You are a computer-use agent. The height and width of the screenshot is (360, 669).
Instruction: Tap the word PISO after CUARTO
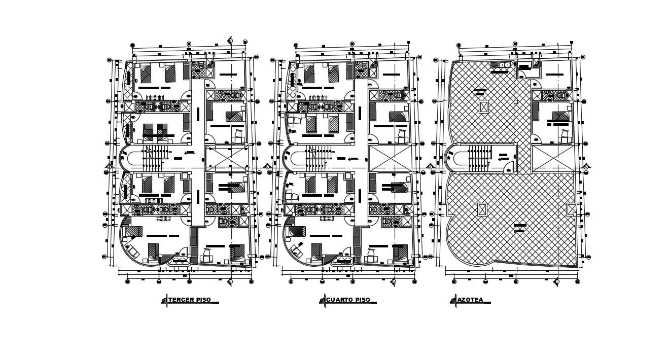point(363,300)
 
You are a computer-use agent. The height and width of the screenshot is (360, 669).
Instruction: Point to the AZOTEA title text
point(470,300)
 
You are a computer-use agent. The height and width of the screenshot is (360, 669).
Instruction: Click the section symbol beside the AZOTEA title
point(453,301)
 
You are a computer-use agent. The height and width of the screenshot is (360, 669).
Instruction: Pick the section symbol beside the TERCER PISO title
point(164,301)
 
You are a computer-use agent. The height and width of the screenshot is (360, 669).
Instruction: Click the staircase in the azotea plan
point(479,157)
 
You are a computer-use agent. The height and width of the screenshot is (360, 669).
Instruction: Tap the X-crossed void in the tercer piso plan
point(227,158)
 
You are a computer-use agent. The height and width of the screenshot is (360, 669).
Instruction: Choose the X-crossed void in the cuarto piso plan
point(390,158)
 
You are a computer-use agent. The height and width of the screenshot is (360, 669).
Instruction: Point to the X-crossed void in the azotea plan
point(553,158)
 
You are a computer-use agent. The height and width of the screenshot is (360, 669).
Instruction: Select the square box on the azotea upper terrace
point(483,107)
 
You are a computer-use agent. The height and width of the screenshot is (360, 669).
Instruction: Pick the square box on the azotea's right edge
point(571,209)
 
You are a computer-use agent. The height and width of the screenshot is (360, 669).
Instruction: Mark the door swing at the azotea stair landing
point(508,170)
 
